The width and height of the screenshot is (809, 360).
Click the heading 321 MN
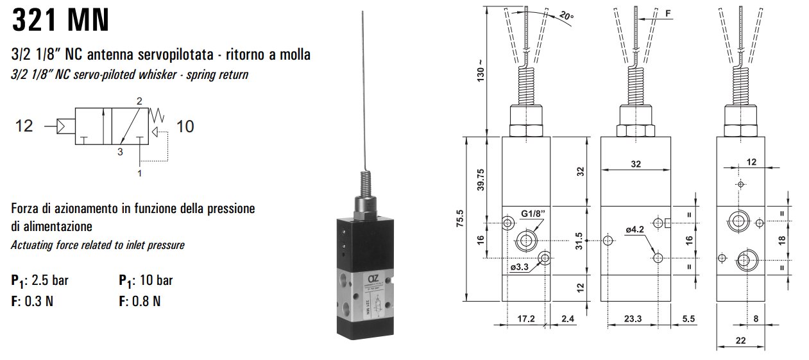(60, 21)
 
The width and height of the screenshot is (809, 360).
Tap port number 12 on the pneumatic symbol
(24, 126)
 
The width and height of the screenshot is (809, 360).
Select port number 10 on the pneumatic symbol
(185, 126)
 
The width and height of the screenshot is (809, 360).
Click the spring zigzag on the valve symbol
(157, 116)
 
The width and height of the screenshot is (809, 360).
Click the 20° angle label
(567, 15)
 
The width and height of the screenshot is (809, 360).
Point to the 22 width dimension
(740, 341)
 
